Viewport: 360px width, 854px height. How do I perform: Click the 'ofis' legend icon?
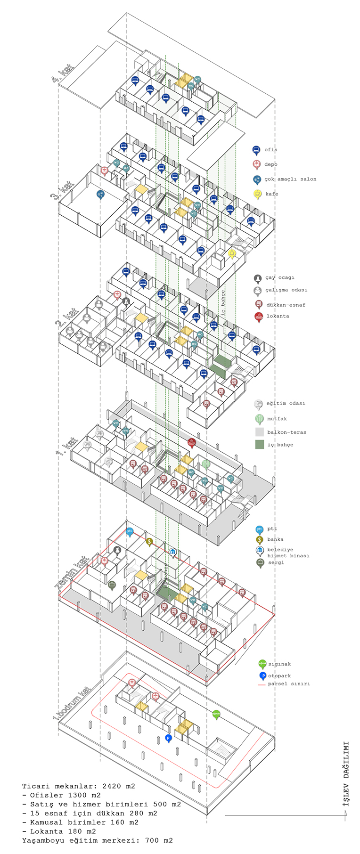[256, 150]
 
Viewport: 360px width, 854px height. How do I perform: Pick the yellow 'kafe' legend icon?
[257, 194]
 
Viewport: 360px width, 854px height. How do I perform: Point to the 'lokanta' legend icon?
[258, 316]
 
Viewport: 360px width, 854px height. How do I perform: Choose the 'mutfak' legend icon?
[258, 418]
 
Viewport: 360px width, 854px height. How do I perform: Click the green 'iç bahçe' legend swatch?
[259, 444]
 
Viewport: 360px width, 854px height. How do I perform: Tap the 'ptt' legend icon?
[259, 529]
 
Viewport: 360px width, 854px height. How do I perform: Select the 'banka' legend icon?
[259, 540]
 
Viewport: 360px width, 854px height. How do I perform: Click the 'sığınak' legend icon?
[262, 664]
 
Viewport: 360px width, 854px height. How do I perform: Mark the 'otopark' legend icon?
[263, 676]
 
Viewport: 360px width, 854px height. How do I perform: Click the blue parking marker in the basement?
[168, 738]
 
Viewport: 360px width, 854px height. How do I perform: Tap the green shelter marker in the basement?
[216, 714]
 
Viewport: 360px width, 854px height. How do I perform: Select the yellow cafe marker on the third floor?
[232, 253]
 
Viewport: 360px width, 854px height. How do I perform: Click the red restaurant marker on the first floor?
[192, 442]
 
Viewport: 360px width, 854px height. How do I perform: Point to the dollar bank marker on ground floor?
[149, 542]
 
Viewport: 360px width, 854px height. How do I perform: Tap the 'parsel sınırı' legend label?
[289, 683]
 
